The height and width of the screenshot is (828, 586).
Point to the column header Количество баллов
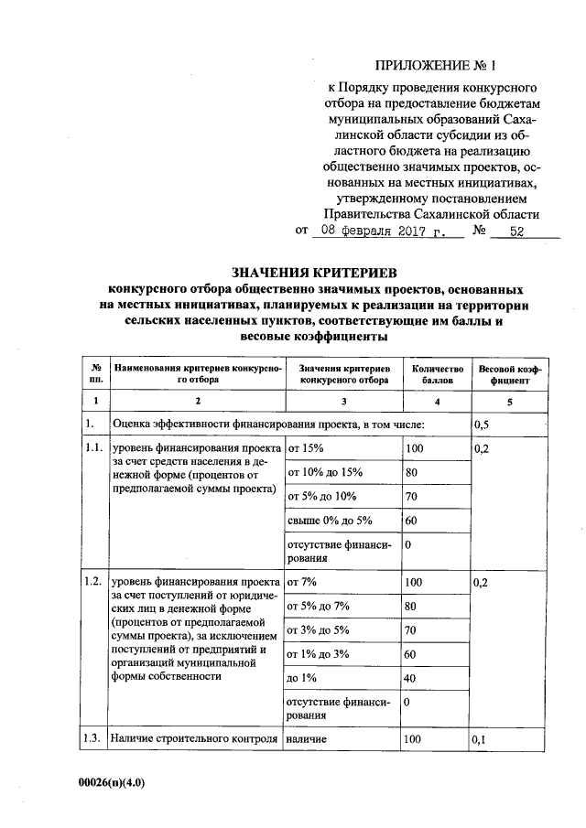[x=430, y=372]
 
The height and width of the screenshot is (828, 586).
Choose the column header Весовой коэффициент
[x=509, y=372]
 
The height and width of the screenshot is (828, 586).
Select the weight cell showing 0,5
[x=482, y=425]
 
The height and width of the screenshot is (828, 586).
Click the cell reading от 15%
[x=306, y=449]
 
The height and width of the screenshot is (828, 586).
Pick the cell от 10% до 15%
[x=326, y=473]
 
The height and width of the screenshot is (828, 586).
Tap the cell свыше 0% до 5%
[x=331, y=521]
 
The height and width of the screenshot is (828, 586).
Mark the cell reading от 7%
[x=302, y=582]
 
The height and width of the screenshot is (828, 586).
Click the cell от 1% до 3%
[x=319, y=654]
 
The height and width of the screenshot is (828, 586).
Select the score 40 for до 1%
[x=412, y=678]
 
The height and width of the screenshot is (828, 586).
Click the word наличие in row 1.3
[x=307, y=738]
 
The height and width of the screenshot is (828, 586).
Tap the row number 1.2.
[x=92, y=582]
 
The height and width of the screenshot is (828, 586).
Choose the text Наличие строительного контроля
[x=193, y=738]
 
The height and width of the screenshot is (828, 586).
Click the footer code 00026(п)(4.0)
[x=112, y=783]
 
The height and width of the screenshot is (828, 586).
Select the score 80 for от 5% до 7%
[x=411, y=606]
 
